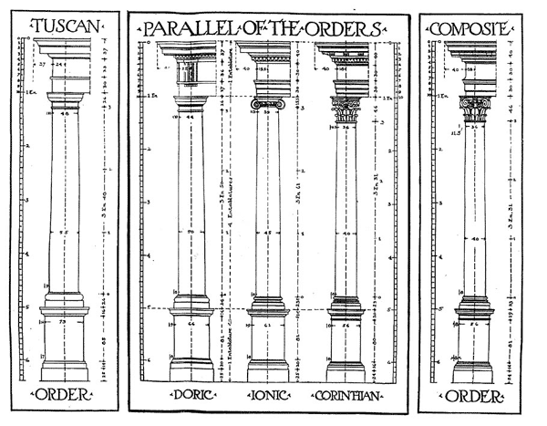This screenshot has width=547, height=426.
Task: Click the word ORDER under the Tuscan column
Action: (x=64, y=394)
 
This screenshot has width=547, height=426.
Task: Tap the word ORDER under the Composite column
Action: (x=472, y=396)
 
